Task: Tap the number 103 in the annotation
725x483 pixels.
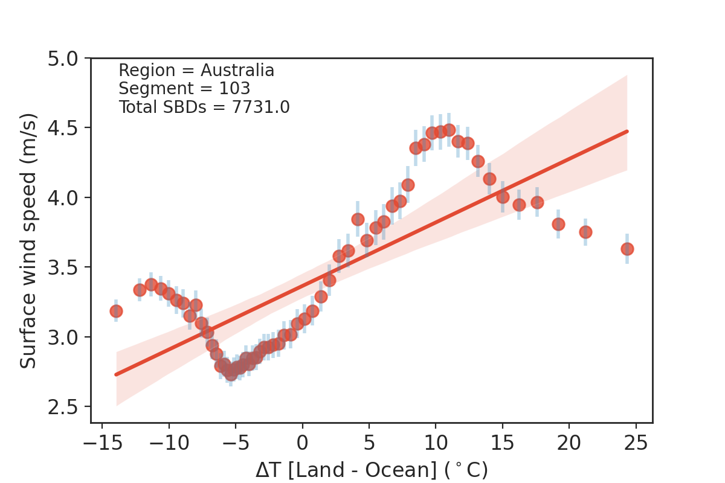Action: tap(235, 89)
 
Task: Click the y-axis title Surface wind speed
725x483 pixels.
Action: tap(28, 240)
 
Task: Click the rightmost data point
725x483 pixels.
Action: tap(627, 249)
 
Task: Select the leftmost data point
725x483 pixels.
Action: tap(116, 311)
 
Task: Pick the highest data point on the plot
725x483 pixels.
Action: tap(449, 130)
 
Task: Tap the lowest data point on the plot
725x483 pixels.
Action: tap(231, 375)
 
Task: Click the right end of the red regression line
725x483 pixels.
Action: tap(627, 131)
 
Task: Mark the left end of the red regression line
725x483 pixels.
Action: tap(116, 374)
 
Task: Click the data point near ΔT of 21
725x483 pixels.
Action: tap(585, 232)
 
